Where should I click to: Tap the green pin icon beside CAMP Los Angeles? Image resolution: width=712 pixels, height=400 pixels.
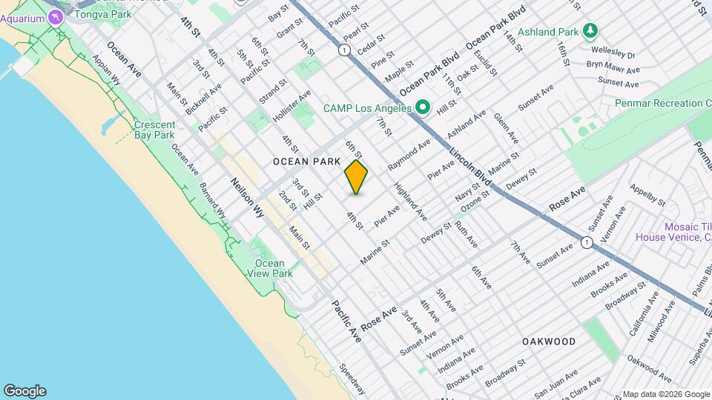click(x=423, y=108)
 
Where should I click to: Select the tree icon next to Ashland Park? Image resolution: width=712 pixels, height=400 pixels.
click(x=590, y=31)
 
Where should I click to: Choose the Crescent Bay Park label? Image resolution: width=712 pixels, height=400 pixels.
click(x=154, y=130)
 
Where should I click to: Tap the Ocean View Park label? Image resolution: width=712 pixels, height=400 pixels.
click(x=269, y=268)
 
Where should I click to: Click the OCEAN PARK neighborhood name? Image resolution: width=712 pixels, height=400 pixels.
click(x=306, y=161)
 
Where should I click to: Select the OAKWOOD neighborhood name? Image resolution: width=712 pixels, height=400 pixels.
click(x=548, y=341)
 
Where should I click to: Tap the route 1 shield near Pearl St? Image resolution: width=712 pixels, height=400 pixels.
click(x=344, y=50)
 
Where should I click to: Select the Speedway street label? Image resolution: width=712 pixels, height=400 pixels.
click(x=353, y=379)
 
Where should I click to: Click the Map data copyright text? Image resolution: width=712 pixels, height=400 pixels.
click(x=665, y=393)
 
